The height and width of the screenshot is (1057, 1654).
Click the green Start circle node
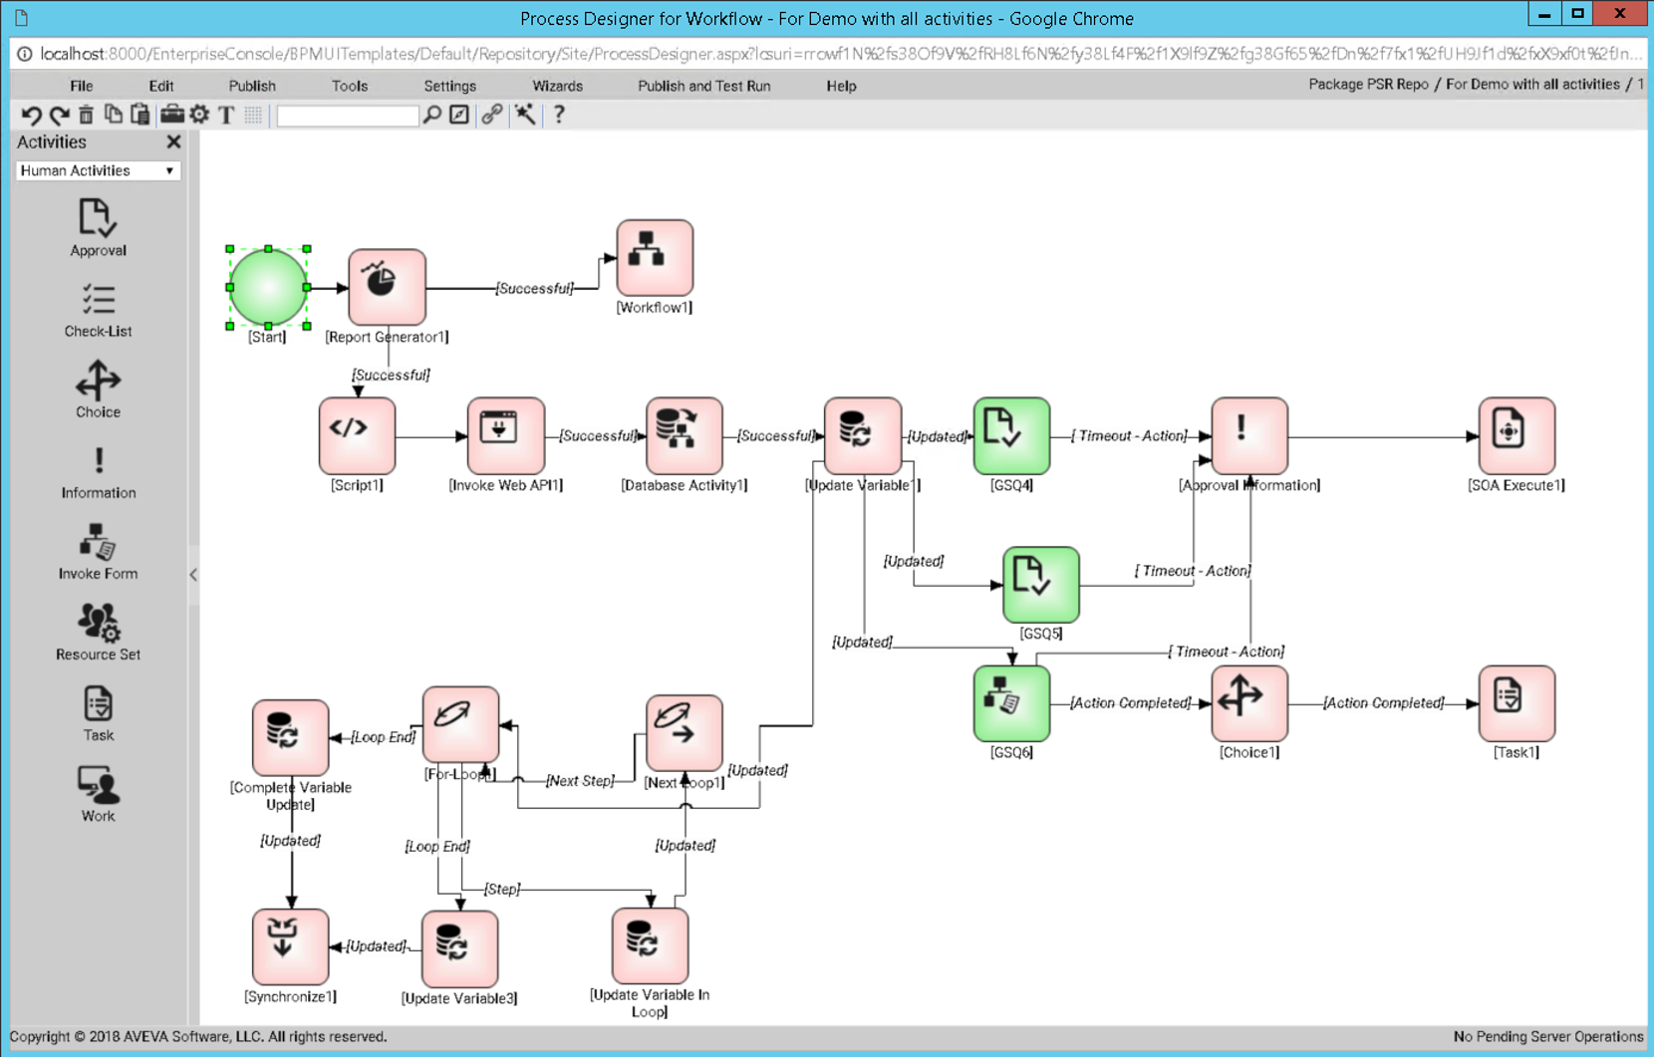click(268, 287)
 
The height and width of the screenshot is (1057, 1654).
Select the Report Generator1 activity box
click(387, 287)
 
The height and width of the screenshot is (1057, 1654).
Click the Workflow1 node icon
click(654, 257)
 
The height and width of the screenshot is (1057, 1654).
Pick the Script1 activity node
click(357, 435)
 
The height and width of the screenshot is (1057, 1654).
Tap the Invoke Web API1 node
click(505, 435)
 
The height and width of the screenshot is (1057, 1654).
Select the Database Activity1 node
click(684, 435)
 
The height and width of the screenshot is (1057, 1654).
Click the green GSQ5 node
click(1040, 584)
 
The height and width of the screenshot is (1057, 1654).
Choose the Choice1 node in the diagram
click(1248, 702)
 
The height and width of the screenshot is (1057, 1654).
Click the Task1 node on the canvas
click(1516, 702)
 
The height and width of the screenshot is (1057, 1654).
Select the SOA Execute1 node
click(1516, 435)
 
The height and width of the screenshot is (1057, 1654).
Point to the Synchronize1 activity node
click(290, 945)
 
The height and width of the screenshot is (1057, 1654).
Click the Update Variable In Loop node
click(649, 945)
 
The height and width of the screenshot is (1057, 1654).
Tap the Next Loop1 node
click(684, 732)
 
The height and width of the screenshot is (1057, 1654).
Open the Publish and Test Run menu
click(703, 86)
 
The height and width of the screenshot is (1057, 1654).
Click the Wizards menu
click(557, 86)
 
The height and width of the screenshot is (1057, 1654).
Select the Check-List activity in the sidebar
click(98, 310)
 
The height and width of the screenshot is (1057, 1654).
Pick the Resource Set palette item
click(98, 633)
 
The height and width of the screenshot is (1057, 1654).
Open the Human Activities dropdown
click(98, 170)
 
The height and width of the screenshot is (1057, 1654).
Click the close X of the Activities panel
click(173, 141)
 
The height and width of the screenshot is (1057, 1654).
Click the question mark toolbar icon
click(559, 115)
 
